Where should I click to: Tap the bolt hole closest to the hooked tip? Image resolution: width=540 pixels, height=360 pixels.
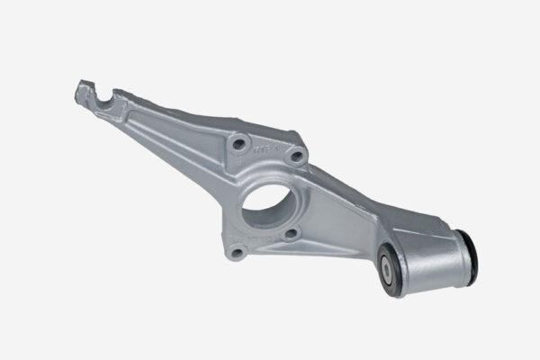click(x=238, y=141)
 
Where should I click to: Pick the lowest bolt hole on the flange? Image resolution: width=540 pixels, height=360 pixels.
click(x=237, y=253)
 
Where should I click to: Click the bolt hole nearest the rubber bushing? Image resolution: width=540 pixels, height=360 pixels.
click(x=290, y=236)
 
